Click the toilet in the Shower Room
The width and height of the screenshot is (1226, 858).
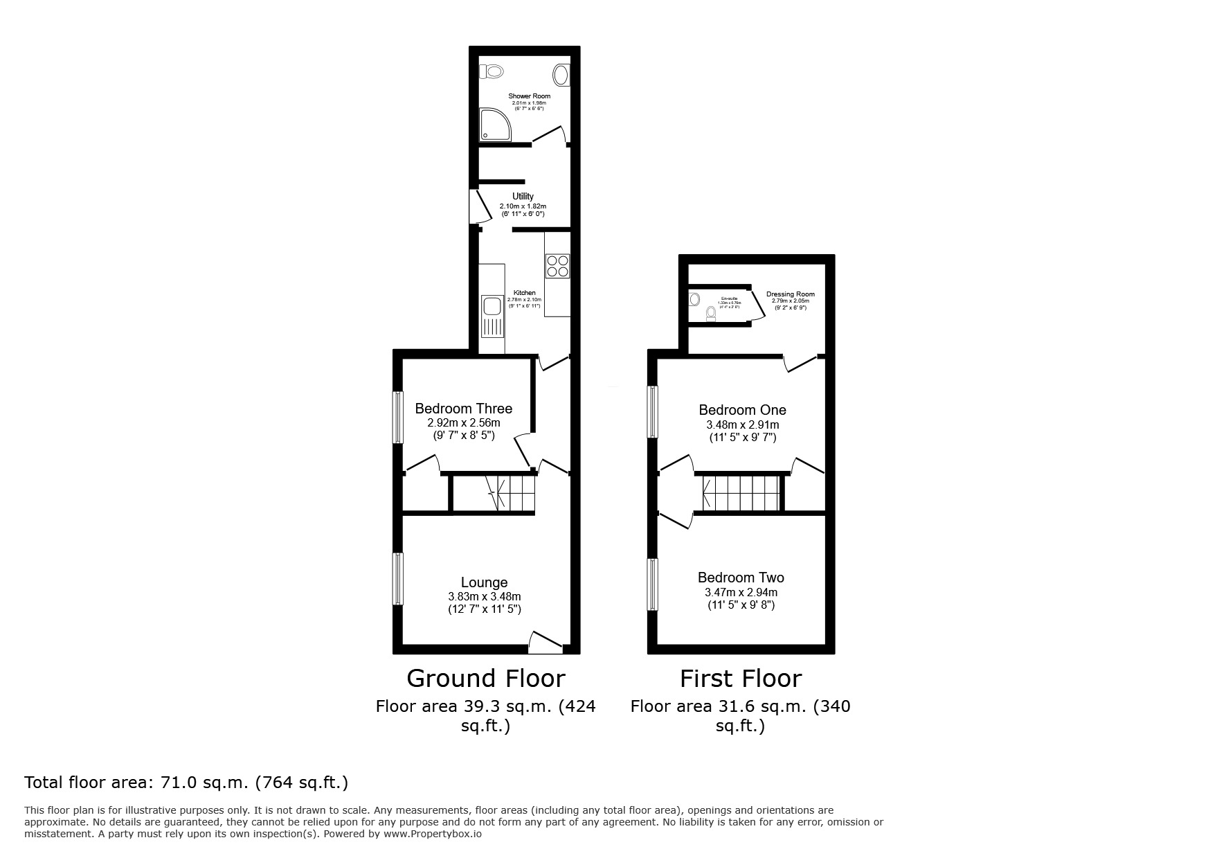click(x=492, y=71)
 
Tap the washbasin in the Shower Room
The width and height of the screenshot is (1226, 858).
click(x=562, y=75)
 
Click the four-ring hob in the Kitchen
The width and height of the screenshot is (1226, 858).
click(x=558, y=266)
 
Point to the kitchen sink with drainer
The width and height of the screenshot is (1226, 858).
click(x=492, y=316)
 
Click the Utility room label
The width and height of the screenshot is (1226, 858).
click(x=523, y=197)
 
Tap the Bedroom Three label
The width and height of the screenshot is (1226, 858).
click(x=463, y=409)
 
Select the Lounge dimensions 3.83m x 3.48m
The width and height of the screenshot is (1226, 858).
click(x=484, y=597)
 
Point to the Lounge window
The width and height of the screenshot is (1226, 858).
click(x=398, y=578)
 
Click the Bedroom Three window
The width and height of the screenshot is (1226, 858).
click(x=398, y=418)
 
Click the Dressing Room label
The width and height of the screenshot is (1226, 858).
click(x=790, y=294)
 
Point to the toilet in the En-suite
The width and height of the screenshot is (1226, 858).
click(x=710, y=315)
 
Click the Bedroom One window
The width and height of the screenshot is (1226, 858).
click(x=652, y=412)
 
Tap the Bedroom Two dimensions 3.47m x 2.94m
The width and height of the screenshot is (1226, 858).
click(x=741, y=593)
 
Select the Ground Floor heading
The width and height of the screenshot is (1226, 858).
click(x=485, y=678)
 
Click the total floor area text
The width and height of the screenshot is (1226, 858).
click(x=186, y=783)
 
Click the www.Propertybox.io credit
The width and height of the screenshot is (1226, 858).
click(x=433, y=834)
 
